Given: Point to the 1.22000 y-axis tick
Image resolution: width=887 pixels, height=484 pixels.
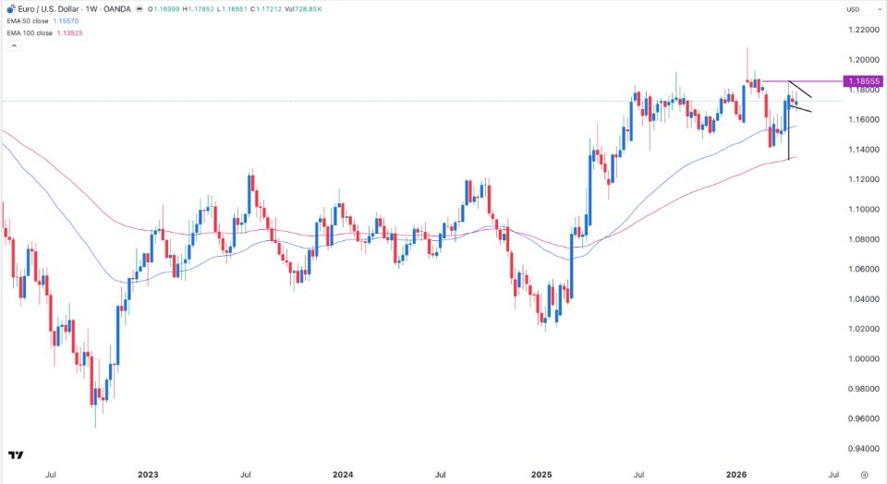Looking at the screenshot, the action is pyautogui.click(x=864, y=30).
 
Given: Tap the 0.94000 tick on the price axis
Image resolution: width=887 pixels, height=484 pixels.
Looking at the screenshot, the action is pyautogui.click(x=864, y=449).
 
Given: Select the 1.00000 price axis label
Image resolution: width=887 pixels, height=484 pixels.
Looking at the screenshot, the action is pyautogui.click(x=864, y=359).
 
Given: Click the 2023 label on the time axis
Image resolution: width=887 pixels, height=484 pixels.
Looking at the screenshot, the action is pyautogui.click(x=148, y=475).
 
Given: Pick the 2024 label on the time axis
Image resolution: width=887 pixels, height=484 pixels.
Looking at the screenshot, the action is pyautogui.click(x=343, y=475).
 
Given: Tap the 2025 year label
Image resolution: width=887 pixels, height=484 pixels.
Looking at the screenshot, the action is pyautogui.click(x=541, y=475).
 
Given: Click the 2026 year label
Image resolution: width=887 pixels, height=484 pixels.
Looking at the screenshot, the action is pyautogui.click(x=736, y=475).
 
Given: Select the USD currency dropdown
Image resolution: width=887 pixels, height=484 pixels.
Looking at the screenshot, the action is pyautogui.click(x=853, y=9).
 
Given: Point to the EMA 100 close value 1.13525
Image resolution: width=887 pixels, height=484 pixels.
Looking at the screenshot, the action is pyautogui.click(x=69, y=33).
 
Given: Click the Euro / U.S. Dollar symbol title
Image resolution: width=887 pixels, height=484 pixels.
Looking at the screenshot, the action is pyautogui.click(x=48, y=9).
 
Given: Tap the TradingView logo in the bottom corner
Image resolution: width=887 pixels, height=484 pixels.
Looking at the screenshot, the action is pyautogui.click(x=16, y=455).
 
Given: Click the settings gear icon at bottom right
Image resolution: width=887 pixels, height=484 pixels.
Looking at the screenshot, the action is pyautogui.click(x=865, y=475).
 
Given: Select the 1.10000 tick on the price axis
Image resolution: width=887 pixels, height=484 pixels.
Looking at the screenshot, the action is pyautogui.click(x=864, y=209).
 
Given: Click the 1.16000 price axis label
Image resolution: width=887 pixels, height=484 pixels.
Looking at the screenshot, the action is pyautogui.click(x=864, y=120).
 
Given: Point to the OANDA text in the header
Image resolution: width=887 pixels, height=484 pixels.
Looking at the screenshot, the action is pyautogui.click(x=117, y=9).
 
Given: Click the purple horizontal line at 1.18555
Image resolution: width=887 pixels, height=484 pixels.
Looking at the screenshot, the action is pyautogui.click(x=802, y=81).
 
